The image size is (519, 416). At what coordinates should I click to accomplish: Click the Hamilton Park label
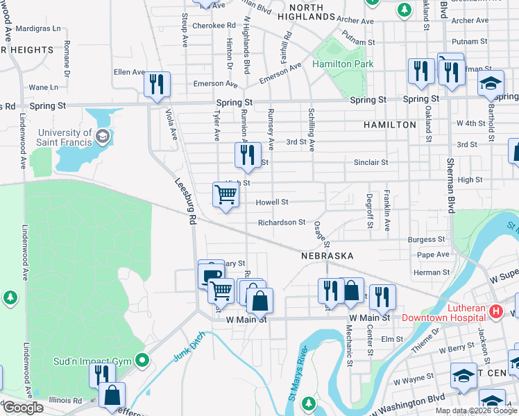coord(343,64)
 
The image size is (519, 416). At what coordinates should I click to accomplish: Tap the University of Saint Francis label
coord(65,137)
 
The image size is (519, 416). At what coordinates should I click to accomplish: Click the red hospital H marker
coord(495,311)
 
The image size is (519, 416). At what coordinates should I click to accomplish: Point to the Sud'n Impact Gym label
coord(94,361)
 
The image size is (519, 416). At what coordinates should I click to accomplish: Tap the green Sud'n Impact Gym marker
coord(143,360)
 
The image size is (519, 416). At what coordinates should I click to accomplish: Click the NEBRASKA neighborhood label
coord(323,255)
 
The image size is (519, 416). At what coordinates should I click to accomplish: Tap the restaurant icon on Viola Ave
coord(156,84)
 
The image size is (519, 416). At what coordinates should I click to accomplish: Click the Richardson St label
coord(281,223)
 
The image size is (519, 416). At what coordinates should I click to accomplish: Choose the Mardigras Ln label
coord(38,29)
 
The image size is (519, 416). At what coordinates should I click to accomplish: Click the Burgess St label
coord(426,239)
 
